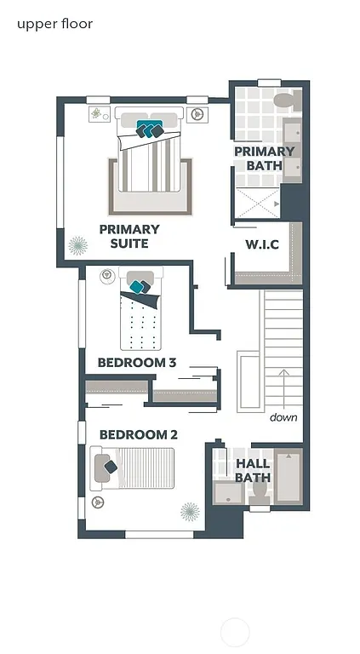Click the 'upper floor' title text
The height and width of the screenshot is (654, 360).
click(54, 24)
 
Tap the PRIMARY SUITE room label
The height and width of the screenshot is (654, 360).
click(129, 236)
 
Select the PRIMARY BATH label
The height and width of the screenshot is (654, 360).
click(264, 158)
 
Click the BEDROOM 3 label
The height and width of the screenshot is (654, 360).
click(136, 363)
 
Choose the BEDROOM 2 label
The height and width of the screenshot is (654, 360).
click(138, 435)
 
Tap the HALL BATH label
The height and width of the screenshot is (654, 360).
click(253, 470)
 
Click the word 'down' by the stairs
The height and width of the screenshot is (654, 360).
click(283, 417)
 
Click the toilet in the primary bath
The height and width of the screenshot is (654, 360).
click(283, 101)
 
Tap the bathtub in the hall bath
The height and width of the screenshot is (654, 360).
click(288, 477)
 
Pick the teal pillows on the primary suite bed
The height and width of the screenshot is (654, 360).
click(150, 129)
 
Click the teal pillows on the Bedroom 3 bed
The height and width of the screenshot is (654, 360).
click(140, 286)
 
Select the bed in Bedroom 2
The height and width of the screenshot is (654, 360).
click(134, 468)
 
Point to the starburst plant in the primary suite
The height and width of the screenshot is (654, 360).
click(78, 246)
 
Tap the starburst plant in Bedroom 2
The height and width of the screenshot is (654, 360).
click(190, 511)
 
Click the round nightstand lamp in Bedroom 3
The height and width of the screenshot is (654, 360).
click(107, 275)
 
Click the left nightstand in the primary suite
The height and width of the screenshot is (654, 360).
click(97, 112)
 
